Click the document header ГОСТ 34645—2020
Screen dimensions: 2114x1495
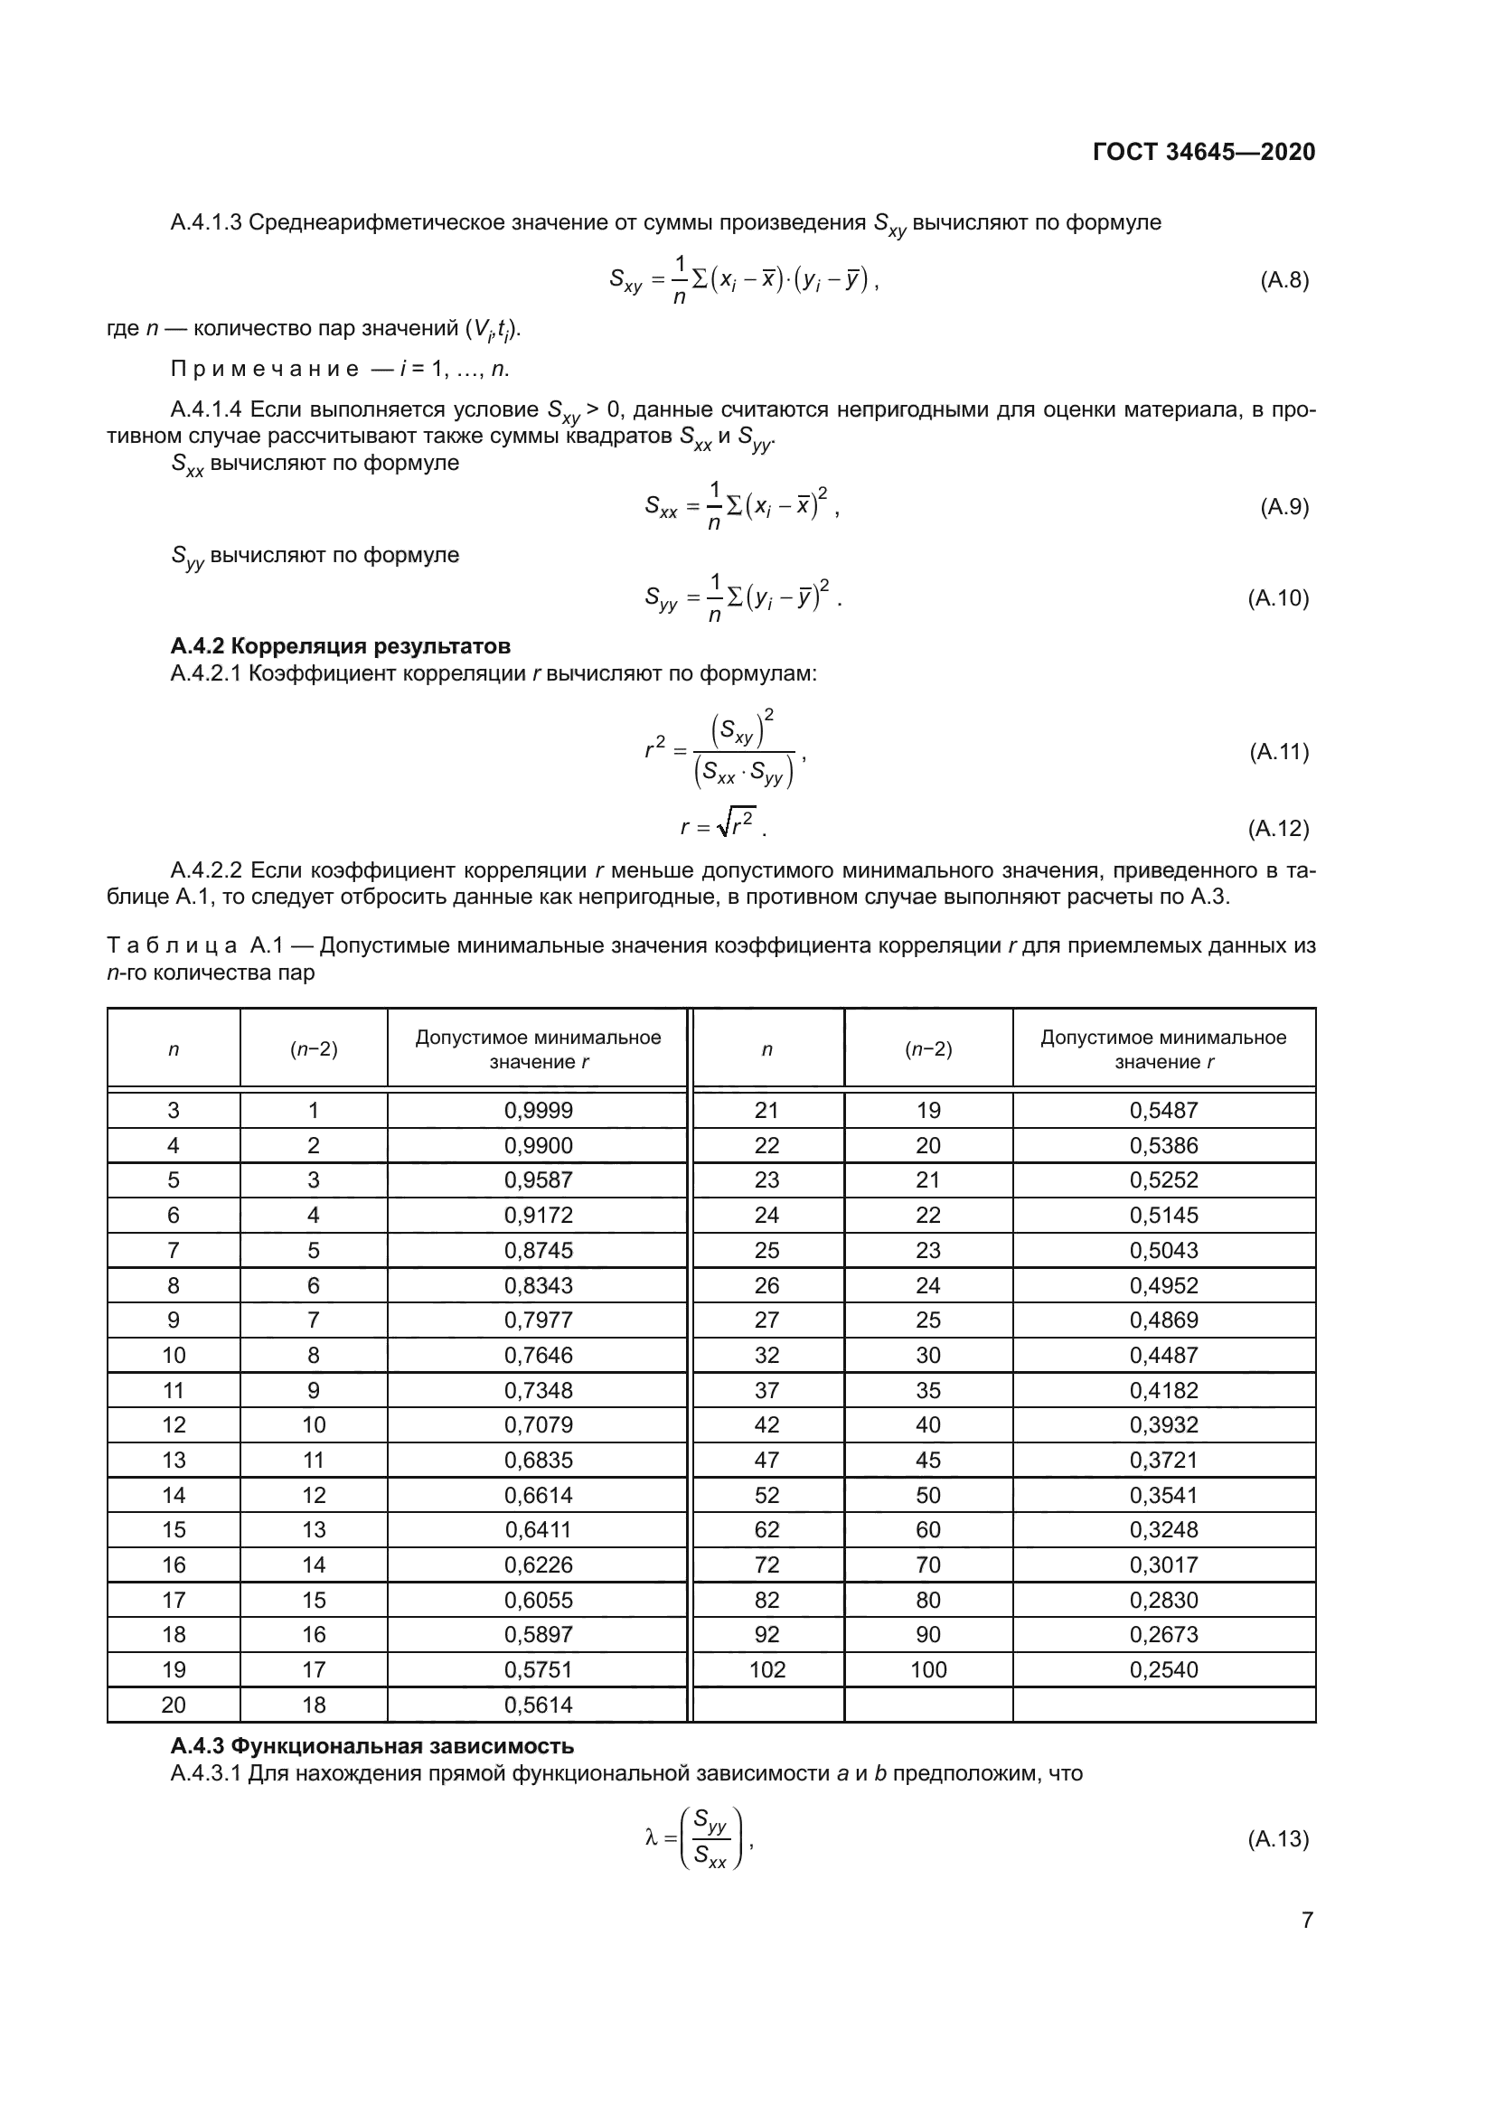pyautogui.click(x=1203, y=152)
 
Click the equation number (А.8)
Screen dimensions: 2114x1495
pyautogui.click(x=1284, y=280)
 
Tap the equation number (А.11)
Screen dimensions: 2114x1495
pyautogui.click(x=1279, y=751)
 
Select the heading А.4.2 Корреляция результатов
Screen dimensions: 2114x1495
pyautogui.click(x=340, y=645)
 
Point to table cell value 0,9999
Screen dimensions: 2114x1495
pyautogui.click(x=539, y=1111)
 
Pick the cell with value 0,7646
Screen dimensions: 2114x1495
pyautogui.click(x=539, y=1356)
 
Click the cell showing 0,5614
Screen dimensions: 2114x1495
pyautogui.click(x=539, y=1705)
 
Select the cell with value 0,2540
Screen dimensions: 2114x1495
pyautogui.click(x=1163, y=1669)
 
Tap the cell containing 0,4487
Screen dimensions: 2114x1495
pyautogui.click(x=1163, y=1356)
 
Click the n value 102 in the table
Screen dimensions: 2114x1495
pyautogui.click(x=766, y=1669)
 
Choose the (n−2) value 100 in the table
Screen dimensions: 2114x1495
pyautogui.click(x=928, y=1669)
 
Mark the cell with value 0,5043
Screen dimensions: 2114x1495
pyautogui.click(x=1163, y=1250)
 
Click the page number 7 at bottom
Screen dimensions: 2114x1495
pyautogui.click(x=1307, y=1920)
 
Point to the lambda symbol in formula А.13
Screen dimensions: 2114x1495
pyautogui.click(x=652, y=1837)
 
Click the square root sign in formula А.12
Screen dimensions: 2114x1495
pyautogui.click(x=725, y=824)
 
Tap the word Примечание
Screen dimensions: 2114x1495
pyautogui.click(x=264, y=370)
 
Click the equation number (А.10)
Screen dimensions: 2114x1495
pyautogui.click(x=1278, y=598)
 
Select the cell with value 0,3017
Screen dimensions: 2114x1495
pyautogui.click(x=1163, y=1564)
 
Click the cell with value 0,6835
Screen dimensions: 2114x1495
pyautogui.click(x=539, y=1460)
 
